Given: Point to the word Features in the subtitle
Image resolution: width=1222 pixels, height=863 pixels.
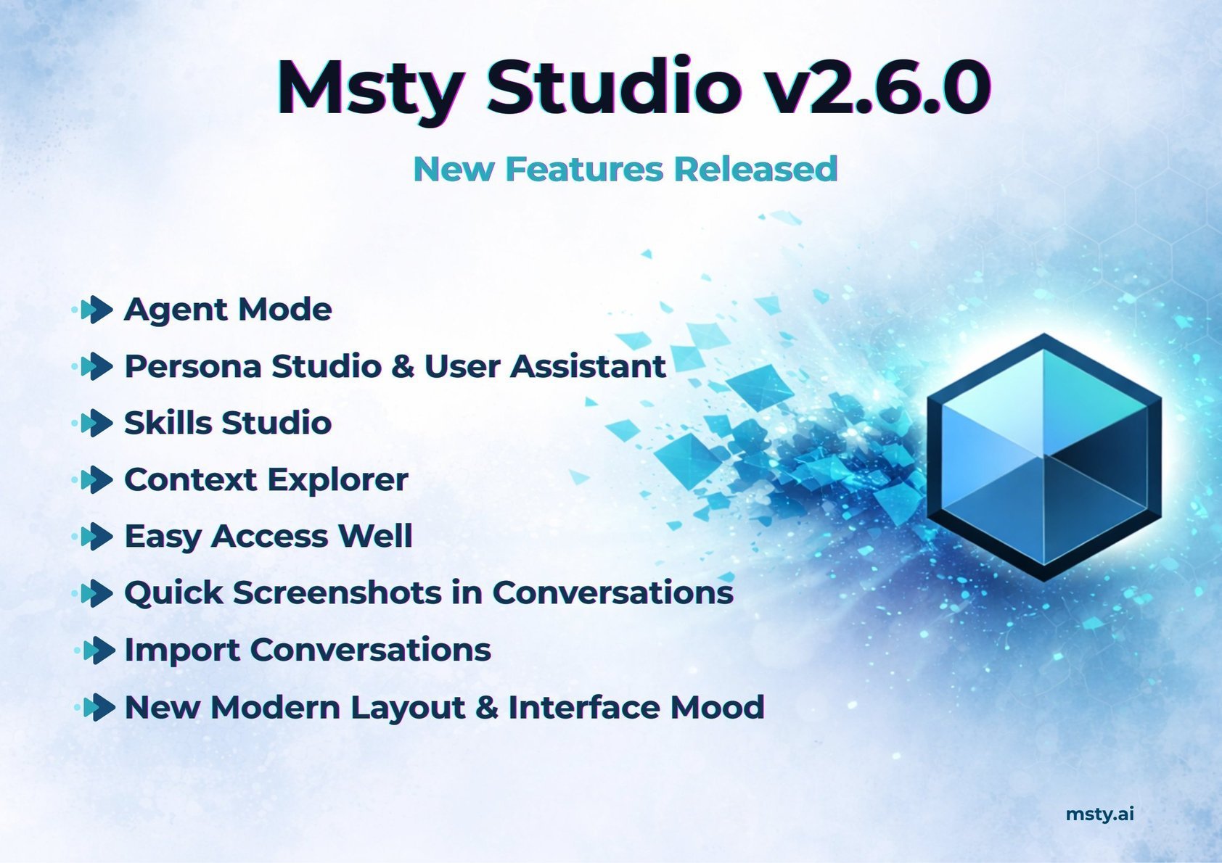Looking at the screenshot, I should (x=584, y=169).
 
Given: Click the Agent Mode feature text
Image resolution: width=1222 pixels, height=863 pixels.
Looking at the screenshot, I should (x=228, y=310).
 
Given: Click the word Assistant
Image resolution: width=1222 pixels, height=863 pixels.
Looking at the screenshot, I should (x=589, y=366).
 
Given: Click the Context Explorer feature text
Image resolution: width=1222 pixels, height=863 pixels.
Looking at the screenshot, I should (x=266, y=480).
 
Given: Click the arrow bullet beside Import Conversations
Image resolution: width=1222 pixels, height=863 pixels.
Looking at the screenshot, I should (x=97, y=651).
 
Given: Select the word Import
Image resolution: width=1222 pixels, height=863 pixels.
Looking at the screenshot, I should (x=181, y=651).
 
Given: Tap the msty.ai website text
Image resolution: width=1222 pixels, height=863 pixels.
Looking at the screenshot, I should (x=1099, y=814).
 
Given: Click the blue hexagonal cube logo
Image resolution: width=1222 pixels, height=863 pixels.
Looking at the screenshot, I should (x=1043, y=457).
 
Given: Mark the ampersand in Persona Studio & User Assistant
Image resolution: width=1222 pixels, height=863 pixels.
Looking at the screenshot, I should (x=403, y=366).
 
